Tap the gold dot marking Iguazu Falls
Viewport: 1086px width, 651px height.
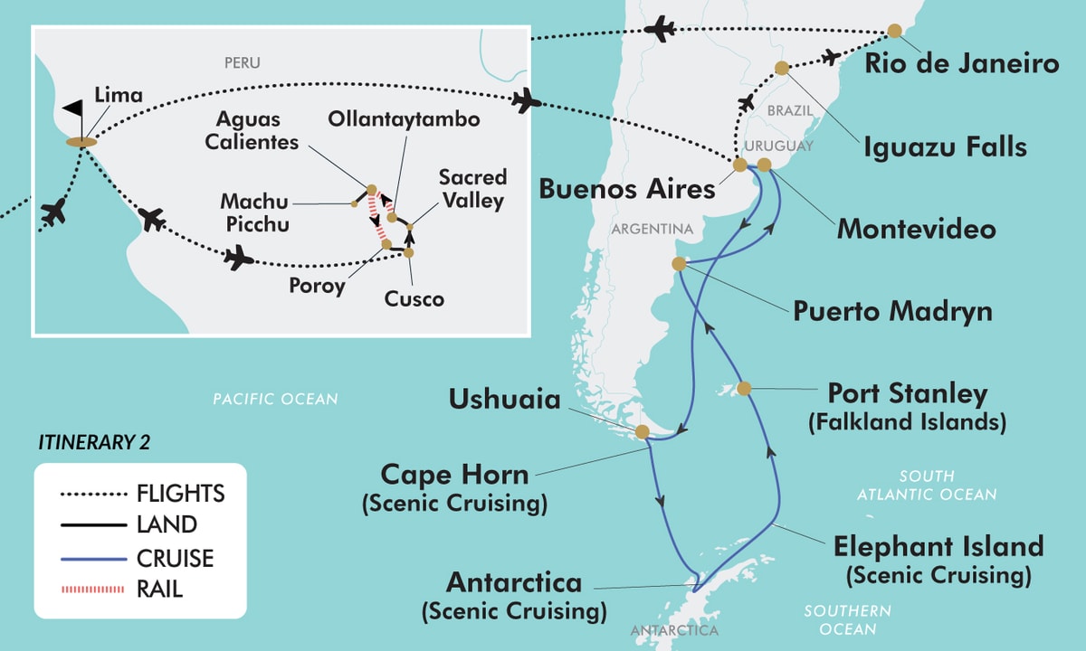[782, 69]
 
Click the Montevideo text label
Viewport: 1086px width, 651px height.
[916, 228]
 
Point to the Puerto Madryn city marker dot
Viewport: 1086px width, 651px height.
[679, 263]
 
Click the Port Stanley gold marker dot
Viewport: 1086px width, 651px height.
[744, 389]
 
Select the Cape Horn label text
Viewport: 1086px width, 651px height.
[454, 474]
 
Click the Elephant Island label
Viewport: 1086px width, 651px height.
[938, 547]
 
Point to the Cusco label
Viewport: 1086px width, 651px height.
[413, 298]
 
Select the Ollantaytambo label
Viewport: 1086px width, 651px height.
[404, 119]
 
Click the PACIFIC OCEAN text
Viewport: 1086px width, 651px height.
[274, 399]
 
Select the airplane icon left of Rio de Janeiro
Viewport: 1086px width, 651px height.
[662, 29]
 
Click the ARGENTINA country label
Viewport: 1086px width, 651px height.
[652, 230]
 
